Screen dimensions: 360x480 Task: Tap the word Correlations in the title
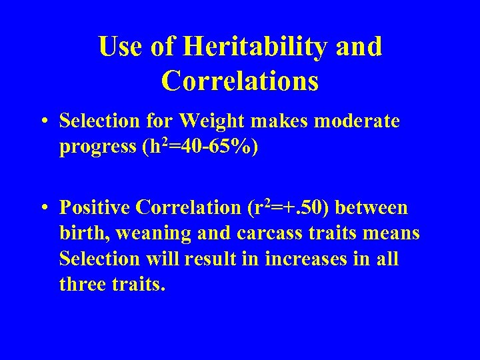[240, 81]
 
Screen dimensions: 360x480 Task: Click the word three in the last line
[81, 284]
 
